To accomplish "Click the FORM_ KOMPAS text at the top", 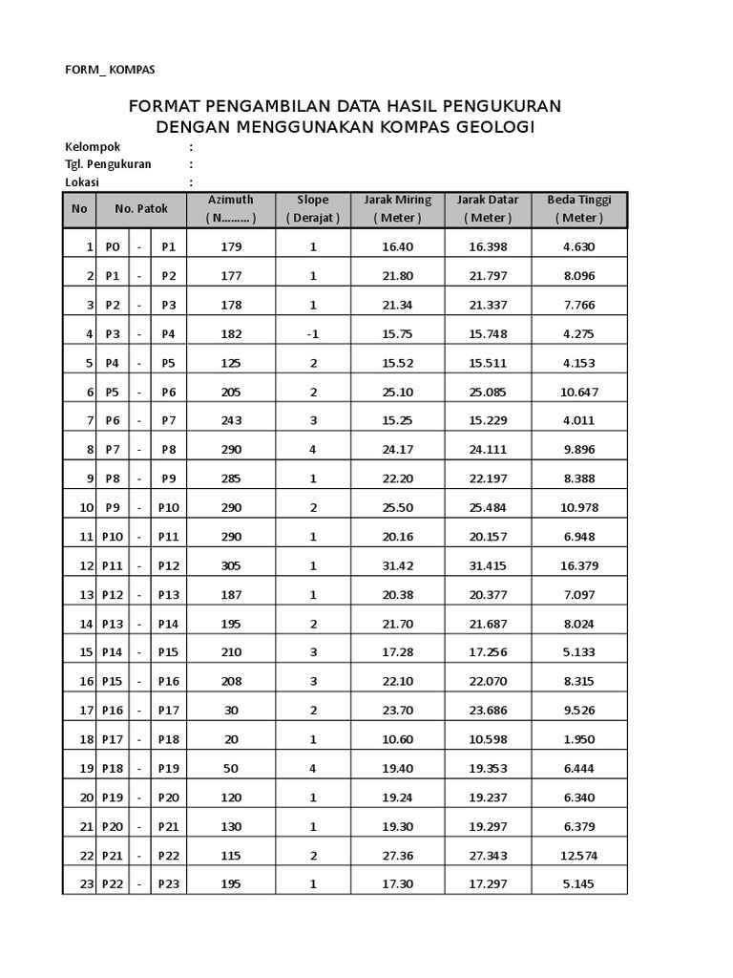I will pyautogui.click(x=110, y=70).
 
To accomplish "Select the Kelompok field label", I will pyautogui.click(x=93, y=147).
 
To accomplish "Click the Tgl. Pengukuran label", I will pyautogui.click(x=108, y=164).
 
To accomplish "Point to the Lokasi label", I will pyautogui.click(x=82, y=181).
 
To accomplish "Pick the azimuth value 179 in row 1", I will pyautogui.click(x=231, y=246).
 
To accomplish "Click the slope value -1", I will pyautogui.click(x=313, y=334).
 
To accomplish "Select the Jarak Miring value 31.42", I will pyautogui.click(x=397, y=565).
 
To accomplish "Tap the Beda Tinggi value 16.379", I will pyautogui.click(x=579, y=565).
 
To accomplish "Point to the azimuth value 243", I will pyautogui.click(x=231, y=421).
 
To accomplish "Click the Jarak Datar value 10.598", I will pyautogui.click(x=488, y=739).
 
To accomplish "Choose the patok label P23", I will pyautogui.click(x=169, y=884).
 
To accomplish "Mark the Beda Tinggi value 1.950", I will pyautogui.click(x=579, y=739).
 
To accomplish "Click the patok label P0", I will pyautogui.click(x=113, y=246).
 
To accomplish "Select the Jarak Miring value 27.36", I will pyautogui.click(x=397, y=855).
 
